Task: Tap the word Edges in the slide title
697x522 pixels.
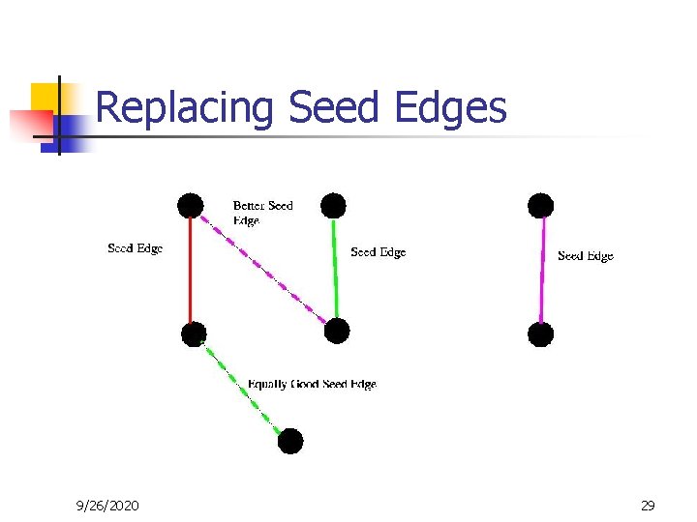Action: tap(451, 108)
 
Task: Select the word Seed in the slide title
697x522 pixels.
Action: tap(335, 108)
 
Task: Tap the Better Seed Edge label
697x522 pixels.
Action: tap(262, 213)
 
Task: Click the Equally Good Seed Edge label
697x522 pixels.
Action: tap(312, 384)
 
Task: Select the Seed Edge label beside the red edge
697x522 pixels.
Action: tap(135, 248)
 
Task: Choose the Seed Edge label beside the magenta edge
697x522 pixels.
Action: tap(586, 256)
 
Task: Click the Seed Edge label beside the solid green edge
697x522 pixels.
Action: tap(378, 252)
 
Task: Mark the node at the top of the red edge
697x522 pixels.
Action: tap(191, 205)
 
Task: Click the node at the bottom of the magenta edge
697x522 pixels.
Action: tap(541, 334)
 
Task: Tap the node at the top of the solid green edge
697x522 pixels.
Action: tap(333, 205)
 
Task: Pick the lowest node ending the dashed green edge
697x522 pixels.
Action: tap(290, 442)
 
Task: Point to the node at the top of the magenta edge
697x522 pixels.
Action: tap(541, 205)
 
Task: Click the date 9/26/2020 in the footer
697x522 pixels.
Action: tap(107, 505)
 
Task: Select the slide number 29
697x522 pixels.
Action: tap(648, 505)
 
